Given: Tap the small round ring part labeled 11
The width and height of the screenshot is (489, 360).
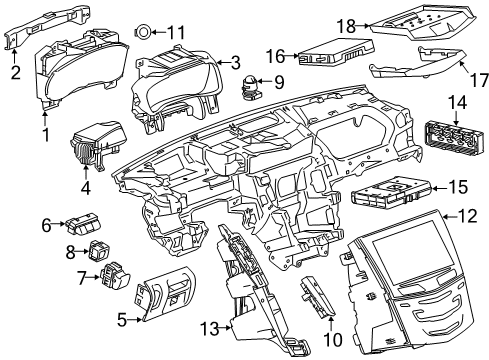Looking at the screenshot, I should tap(145, 31).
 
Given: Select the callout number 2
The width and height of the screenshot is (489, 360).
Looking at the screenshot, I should tap(14, 72).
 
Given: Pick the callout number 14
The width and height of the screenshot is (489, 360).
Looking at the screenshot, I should tap(456, 101).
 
